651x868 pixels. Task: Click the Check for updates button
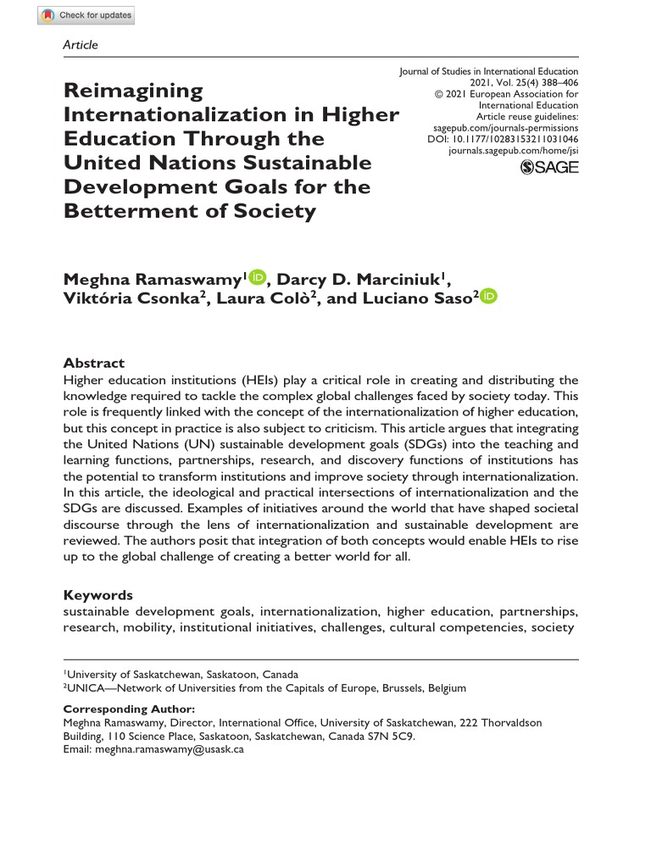click(x=86, y=15)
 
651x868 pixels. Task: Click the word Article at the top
click(x=81, y=45)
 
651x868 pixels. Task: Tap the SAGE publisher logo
click(x=549, y=167)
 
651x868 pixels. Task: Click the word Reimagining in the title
click(x=134, y=91)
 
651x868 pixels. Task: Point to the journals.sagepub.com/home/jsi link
click(x=514, y=149)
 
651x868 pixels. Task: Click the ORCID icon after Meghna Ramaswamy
click(x=258, y=277)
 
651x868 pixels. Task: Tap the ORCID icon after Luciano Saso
click(x=489, y=297)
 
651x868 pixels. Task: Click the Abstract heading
click(x=94, y=363)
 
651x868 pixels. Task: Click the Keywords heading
click(x=98, y=595)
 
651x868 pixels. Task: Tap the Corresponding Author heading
click(x=129, y=709)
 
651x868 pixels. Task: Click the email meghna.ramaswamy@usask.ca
click(x=170, y=750)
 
